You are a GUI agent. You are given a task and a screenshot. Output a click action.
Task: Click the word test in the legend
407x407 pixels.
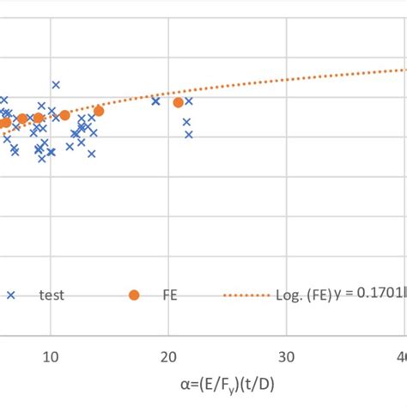(x=51, y=295)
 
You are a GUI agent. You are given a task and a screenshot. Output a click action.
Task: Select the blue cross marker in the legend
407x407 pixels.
(x=10, y=295)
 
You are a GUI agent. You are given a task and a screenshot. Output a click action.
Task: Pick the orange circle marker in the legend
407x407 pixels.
(x=133, y=295)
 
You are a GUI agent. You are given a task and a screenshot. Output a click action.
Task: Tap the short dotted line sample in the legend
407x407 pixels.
(x=249, y=295)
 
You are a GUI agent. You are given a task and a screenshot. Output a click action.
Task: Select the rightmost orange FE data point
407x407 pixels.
(x=178, y=102)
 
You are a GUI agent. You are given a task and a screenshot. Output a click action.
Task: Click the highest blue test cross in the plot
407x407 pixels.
(x=56, y=84)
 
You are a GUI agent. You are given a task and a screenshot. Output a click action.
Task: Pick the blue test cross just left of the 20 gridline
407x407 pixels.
(x=155, y=100)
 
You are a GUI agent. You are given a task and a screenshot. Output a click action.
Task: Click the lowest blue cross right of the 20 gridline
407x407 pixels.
(x=189, y=134)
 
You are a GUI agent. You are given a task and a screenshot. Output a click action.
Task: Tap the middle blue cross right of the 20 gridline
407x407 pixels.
(x=186, y=122)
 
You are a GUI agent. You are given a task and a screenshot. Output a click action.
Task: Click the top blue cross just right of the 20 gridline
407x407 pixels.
(x=188, y=100)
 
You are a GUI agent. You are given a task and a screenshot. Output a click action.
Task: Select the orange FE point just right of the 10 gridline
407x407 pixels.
(x=64, y=115)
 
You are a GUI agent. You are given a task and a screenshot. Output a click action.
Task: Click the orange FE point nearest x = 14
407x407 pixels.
(x=99, y=111)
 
